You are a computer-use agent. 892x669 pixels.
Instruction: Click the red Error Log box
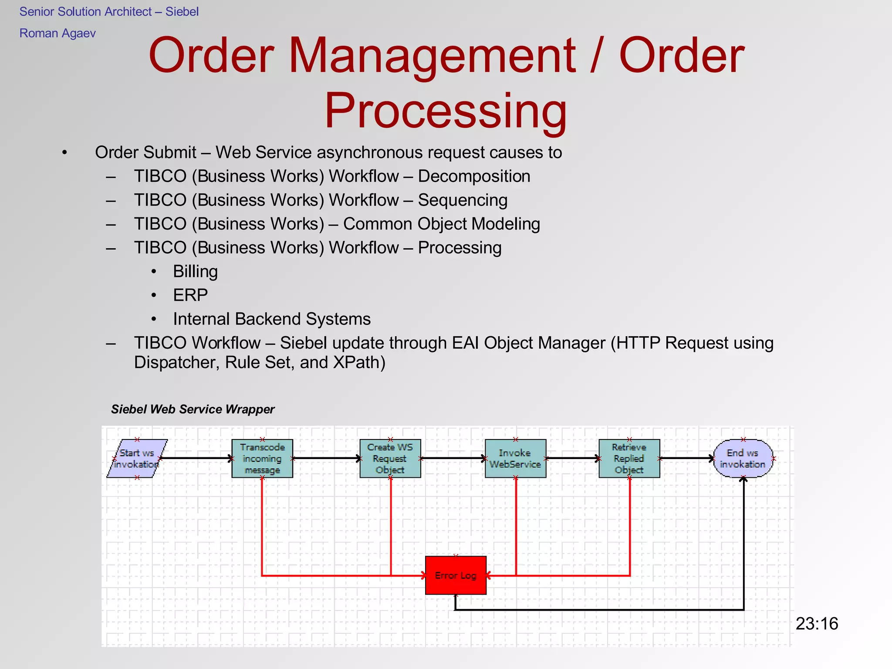[x=456, y=575]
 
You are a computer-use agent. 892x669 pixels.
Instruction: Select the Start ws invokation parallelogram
[x=137, y=459]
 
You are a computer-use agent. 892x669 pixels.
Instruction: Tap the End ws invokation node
[x=743, y=459]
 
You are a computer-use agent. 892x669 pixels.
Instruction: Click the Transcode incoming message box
[x=262, y=459]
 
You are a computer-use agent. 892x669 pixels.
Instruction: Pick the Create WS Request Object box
[x=390, y=459]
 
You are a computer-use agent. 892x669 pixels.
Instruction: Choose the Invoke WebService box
[x=515, y=459]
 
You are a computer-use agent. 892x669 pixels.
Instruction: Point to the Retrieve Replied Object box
[x=629, y=459]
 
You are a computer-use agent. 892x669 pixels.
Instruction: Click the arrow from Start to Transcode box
[x=196, y=458]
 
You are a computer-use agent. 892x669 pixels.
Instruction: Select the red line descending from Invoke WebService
[x=516, y=523]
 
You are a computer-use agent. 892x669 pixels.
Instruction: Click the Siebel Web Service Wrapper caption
[x=193, y=409]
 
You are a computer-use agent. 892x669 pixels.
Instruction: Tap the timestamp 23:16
[x=817, y=624]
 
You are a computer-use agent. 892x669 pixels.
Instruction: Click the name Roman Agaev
[x=57, y=34]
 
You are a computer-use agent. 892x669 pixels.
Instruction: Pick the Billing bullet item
[x=195, y=271]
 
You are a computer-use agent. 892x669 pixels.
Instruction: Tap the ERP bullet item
[x=190, y=295]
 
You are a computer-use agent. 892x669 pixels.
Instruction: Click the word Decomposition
[x=474, y=176]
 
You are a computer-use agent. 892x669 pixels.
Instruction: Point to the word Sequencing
[x=463, y=200]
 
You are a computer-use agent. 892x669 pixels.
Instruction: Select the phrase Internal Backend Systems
[x=272, y=319]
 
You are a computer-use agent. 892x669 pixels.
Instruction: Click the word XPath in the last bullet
[x=356, y=362]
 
